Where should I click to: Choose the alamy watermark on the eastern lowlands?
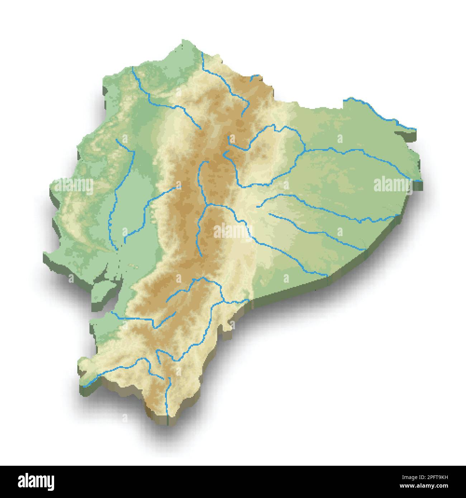point(393,185)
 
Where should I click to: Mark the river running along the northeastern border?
point(380,115)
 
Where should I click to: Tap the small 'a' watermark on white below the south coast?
point(125,418)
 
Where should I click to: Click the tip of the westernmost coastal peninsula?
point(44,255)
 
